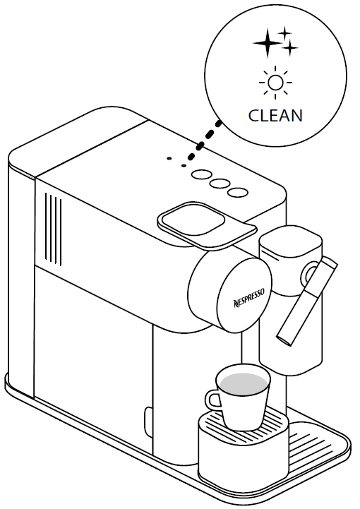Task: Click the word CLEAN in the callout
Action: click(x=275, y=116)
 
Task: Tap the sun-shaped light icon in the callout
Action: click(x=275, y=82)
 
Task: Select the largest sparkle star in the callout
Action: click(x=267, y=43)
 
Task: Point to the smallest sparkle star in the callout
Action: click(x=284, y=32)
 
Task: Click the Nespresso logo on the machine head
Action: click(x=249, y=298)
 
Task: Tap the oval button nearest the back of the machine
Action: click(x=200, y=174)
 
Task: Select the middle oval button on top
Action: click(x=219, y=184)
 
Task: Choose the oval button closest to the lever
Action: click(x=238, y=193)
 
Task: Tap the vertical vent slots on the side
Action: click(x=53, y=228)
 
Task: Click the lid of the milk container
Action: click(x=291, y=241)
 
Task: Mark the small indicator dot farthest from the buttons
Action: click(x=169, y=158)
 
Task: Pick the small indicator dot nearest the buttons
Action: click(x=184, y=166)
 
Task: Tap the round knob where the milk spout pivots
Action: click(x=311, y=275)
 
